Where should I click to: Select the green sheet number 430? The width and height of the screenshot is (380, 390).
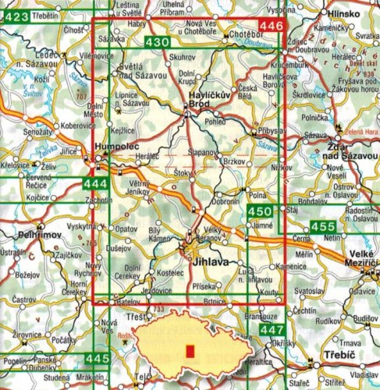[156, 41]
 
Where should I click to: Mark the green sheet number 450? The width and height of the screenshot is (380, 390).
[260, 211]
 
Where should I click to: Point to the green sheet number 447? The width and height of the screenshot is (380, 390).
[271, 330]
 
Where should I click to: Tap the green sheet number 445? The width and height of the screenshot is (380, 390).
[96, 357]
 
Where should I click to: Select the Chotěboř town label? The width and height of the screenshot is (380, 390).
[243, 36]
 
